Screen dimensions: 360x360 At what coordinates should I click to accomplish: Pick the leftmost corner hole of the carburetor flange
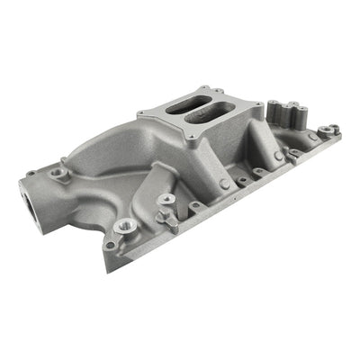[145, 114]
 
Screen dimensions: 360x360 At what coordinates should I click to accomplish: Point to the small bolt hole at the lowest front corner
[110, 245]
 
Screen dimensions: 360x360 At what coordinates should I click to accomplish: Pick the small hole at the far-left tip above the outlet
[31, 174]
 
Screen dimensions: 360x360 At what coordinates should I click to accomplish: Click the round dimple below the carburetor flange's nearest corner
[224, 184]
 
